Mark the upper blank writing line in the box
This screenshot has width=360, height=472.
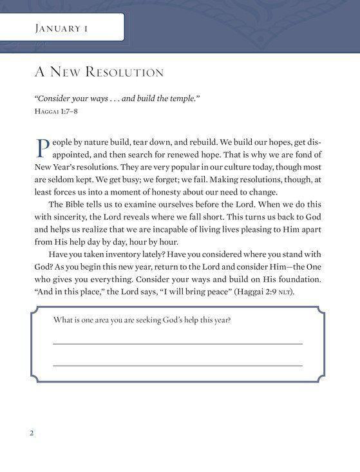pyautogui.click(x=177, y=344)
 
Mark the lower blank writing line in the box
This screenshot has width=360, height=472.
pyautogui.click(x=177, y=366)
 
